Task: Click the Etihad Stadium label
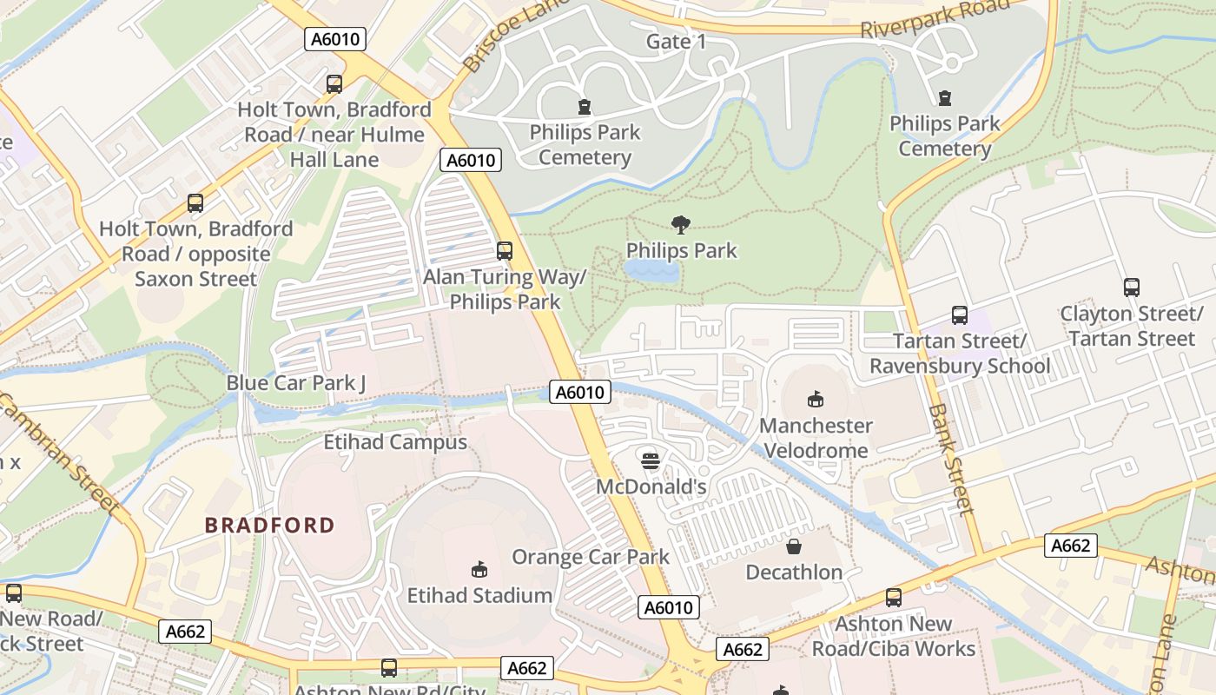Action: pyautogui.click(x=479, y=595)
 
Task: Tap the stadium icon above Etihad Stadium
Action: pyautogui.click(x=479, y=569)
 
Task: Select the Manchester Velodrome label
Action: pyautogui.click(x=816, y=438)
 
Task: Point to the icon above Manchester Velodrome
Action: pyautogui.click(x=815, y=399)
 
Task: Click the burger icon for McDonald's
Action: pyautogui.click(x=650, y=460)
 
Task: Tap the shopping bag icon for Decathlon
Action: pyautogui.click(x=794, y=546)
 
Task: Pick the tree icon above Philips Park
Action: pyautogui.click(x=681, y=225)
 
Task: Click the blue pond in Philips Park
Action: pyautogui.click(x=651, y=271)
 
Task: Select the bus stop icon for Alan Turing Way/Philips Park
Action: pyautogui.click(x=504, y=251)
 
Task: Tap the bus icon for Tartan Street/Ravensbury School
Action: pyautogui.click(x=959, y=315)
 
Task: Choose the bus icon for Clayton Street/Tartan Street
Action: pyautogui.click(x=1131, y=288)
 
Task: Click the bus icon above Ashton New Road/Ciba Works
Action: pyautogui.click(x=893, y=598)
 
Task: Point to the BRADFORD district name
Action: pyautogui.click(x=269, y=525)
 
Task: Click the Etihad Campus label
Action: pyautogui.click(x=395, y=442)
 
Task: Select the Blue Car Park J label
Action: pyautogui.click(x=296, y=382)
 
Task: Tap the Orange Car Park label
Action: pyautogui.click(x=591, y=557)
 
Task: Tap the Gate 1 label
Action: pyautogui.click(x=676, y=42)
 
